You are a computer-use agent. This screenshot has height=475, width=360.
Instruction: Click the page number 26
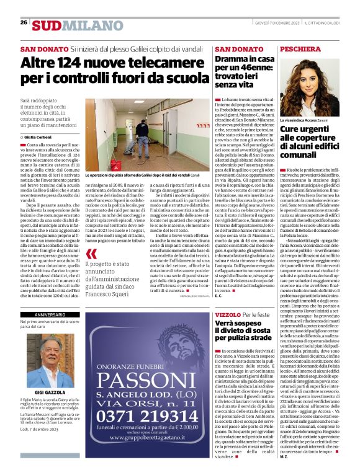pyautogui.click(x=24, y=22)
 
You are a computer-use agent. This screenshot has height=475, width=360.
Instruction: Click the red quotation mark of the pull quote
pyautogui.click(x=92, y=253)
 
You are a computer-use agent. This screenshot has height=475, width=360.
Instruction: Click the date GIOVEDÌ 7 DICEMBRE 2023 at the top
pyautogui.click(x=273, y=24)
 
